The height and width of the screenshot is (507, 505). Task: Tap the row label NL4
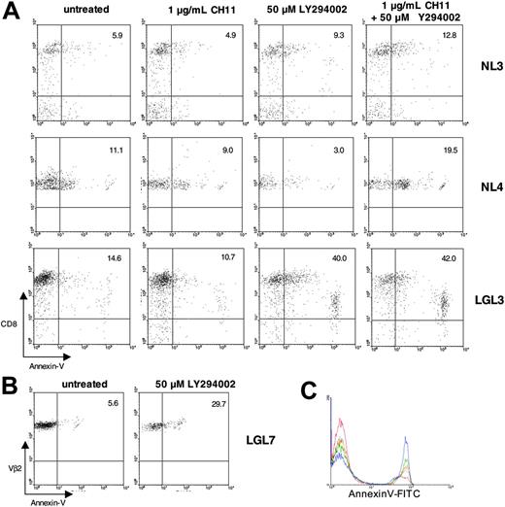[482, 182]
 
